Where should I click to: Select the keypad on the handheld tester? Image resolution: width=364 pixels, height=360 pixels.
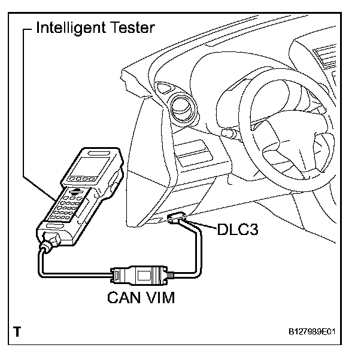(70, 206)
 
